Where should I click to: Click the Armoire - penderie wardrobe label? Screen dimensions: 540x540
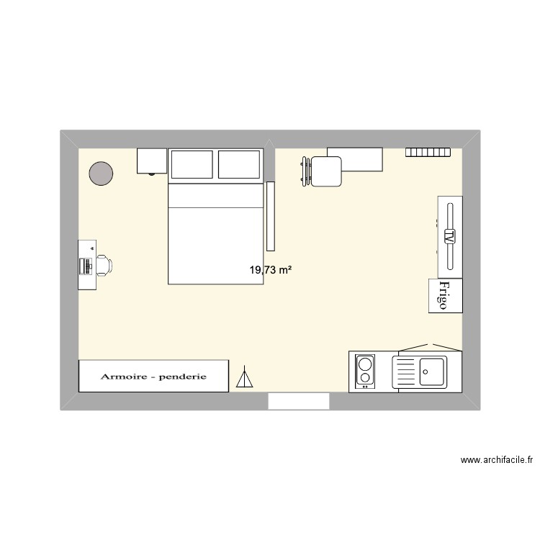point(154,376)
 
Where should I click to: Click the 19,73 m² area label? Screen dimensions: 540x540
point(270,270)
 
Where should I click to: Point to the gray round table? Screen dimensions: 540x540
point(101,172)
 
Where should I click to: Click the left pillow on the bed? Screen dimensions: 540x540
point(191,165)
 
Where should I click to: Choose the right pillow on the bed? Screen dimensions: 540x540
point(239,165)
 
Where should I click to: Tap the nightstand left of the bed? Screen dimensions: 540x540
point(151,161)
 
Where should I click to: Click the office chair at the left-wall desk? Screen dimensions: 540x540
point(103,265)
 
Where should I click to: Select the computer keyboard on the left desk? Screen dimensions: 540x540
point(86,265)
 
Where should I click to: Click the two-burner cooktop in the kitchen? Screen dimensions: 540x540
point(366,371)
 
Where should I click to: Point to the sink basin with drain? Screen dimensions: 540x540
point(433,372)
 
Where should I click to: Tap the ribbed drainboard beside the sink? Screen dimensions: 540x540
point(406,372)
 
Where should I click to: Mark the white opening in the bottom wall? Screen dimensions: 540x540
point(299,402)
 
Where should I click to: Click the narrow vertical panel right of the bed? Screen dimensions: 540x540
point(271,214)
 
